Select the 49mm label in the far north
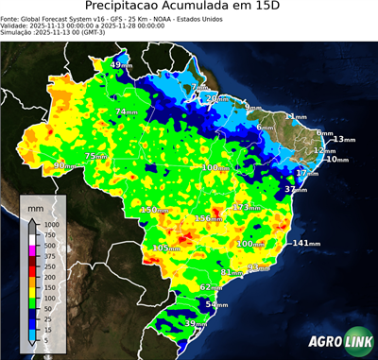[122, 64]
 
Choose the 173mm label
[246, 207]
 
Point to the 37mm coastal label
[295, 190]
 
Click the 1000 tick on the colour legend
[50, 224]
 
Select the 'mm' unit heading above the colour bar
[35, 205]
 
